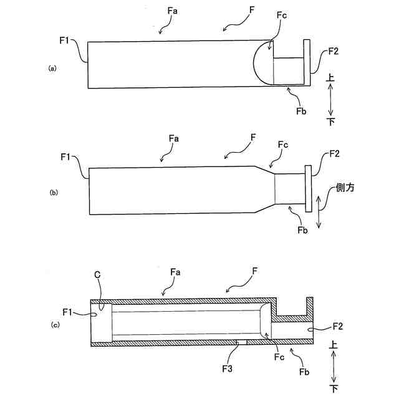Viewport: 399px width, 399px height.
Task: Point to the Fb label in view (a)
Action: pyautogui.click(x=301, y=110)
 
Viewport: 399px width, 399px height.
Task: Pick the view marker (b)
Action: pyautogui.click(x=52, y=193)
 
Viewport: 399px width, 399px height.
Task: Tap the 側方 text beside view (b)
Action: pyautogui.click(x=344, y=187)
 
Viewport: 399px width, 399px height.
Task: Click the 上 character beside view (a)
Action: pyautogui.click(x=332, y=79)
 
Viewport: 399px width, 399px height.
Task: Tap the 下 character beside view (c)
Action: pyautogui.click(x=335, y=388)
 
